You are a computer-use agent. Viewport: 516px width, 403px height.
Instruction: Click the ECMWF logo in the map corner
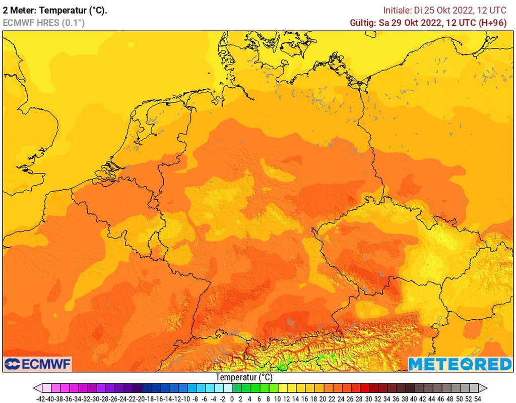[37, 364]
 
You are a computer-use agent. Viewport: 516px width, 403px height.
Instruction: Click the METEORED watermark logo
[460, 364]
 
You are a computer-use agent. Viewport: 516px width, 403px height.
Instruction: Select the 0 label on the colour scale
[232, 397]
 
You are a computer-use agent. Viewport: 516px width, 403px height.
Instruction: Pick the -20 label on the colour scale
[140, 397]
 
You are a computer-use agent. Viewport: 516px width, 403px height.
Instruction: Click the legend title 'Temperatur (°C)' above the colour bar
[244, 377]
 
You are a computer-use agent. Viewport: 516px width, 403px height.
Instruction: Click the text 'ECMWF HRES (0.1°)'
[44, 23]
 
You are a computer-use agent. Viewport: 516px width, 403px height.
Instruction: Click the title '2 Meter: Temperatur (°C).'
[55, 10]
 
